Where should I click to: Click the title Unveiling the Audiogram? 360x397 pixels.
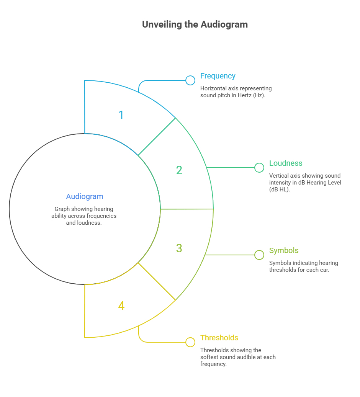point(195,25)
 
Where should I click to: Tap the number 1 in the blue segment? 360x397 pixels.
point(121,115)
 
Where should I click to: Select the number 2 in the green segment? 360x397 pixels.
point(179,170)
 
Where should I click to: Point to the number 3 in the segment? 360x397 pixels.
point(179,248)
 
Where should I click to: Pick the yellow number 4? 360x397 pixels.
point(121,306)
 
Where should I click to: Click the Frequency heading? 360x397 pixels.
point(218,76)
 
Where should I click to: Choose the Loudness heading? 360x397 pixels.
point(286,163)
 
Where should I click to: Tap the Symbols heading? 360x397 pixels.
point(284,251)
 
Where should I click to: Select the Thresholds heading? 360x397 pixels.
point(219,338)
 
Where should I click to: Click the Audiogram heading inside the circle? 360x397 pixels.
point(85,196)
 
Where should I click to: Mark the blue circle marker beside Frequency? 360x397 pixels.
point(190,80)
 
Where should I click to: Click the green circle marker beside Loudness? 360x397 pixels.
point(259,168)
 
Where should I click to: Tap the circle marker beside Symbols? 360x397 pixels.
point(259,255)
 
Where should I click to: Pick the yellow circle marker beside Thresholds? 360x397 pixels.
point(190,342)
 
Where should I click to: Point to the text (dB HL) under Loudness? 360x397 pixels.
point(280,190)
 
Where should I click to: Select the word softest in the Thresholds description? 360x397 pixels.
point(210,357)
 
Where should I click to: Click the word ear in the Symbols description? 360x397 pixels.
point(324,270)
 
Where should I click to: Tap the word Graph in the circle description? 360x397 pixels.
point(62,209)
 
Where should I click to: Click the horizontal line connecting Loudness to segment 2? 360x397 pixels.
point(231,168)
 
